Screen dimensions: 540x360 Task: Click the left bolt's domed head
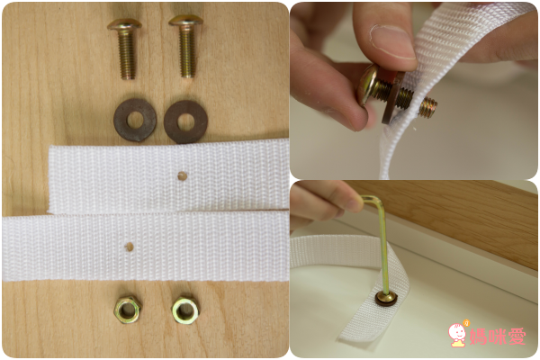pyautogui.click(x=124, y=24)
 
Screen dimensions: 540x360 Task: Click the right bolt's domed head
pyautogui.click(x=185, y=21)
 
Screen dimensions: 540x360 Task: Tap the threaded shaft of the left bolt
pyautogui.click(x=127, y=55)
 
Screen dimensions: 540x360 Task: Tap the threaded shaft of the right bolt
pyautogui.click(x=187, y=51)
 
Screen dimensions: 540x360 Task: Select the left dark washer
pyautogui.click(x=135, y=120)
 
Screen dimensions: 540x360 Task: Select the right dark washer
pyautogui.click(x=185, y=121)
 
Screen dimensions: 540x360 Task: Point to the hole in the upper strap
pyautogui.click(x=182, y=176)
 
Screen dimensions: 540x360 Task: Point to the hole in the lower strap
pyautogui.click(x=129, y=247)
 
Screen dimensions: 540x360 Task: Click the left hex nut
pyautogui.click(x=128, y=309)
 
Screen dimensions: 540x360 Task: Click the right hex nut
pyautogui.click(x=185, y=310)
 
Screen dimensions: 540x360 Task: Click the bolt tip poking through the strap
pyautogui.click(x=428, y=107)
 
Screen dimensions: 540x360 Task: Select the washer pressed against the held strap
pyautogui.click(x=393, y=101)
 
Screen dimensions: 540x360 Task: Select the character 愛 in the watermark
pyautogui.click(x=517, y=336)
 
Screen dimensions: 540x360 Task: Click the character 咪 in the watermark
pyautogui.click(x=497, y=336)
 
